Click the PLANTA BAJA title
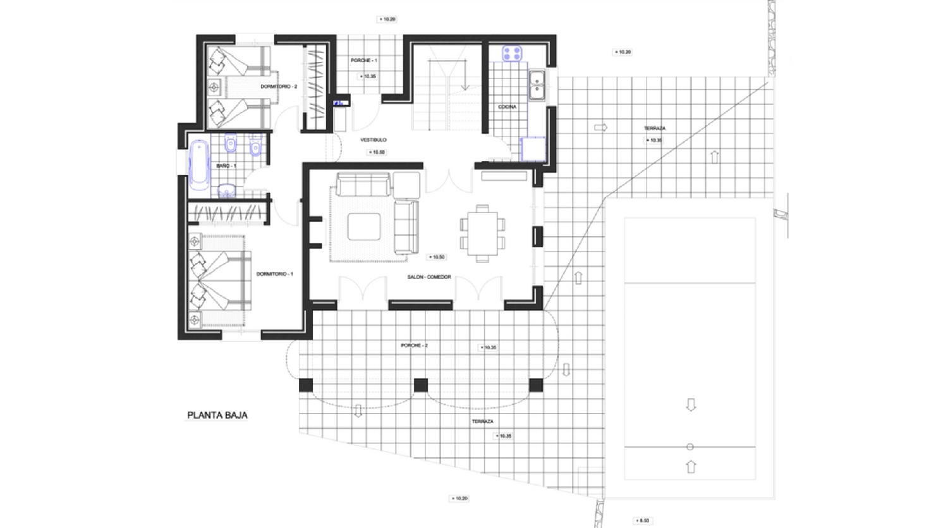pos(217,415)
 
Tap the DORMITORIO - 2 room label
pos(279,87)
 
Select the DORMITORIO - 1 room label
pos(274,274)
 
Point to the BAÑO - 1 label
pos(226,166)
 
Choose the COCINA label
pos(507,107)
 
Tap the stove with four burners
pos(512,53)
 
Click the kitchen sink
pos(537,85)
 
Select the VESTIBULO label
pos(373,140)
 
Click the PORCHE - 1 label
pos(363,61)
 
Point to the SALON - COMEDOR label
pos(429,277)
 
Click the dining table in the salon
pos(482,233)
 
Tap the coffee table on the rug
pos(363,226)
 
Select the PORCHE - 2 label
pos(414,346)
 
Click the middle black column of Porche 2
pos(421,385)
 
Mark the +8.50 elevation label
pos(642,520)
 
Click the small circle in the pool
pos(690,447)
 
